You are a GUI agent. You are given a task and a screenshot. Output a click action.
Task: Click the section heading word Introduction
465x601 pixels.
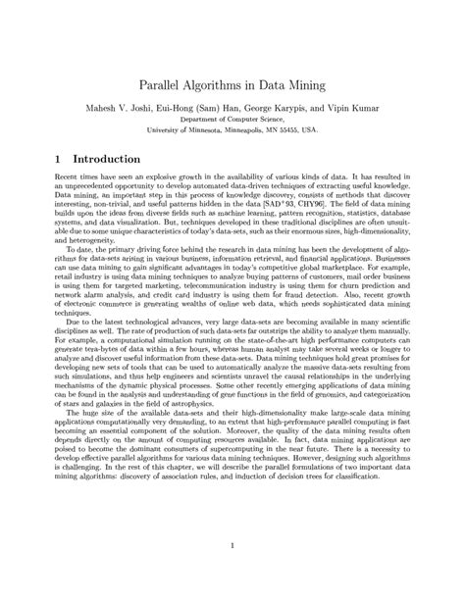coord(99,159)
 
